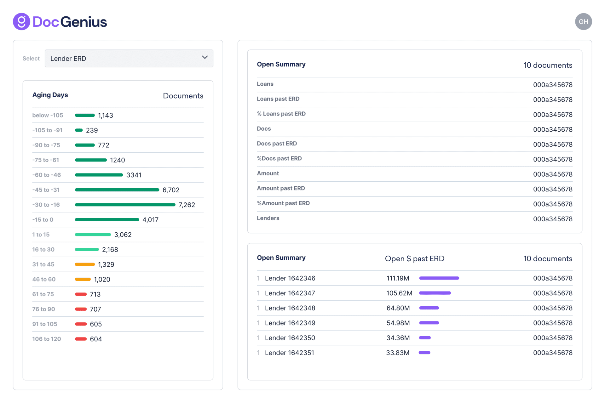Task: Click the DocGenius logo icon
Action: pos(21,22)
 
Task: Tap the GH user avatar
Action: pos(583,22)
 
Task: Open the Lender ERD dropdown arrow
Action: pos(205,57)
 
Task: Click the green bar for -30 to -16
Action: pos(125,205)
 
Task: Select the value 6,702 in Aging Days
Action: pos(171,190)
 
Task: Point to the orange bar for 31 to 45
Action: pos(85,264)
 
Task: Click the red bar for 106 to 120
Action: pos(81,339)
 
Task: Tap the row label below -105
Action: pos(48,116)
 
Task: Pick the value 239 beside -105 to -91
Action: pos(92,130)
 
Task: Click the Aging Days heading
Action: pos(50,95)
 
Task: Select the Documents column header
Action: pos(183,96)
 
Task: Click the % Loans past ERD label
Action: pos(281,114)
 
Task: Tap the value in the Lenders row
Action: pos(552,219)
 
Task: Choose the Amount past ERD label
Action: pos(281,188)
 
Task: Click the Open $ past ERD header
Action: pos(414,259)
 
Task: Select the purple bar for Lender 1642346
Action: pos(439,278)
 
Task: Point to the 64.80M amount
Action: pos(398,308)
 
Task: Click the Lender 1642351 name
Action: pos(289,353)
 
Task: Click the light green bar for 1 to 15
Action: pos(93,235)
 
